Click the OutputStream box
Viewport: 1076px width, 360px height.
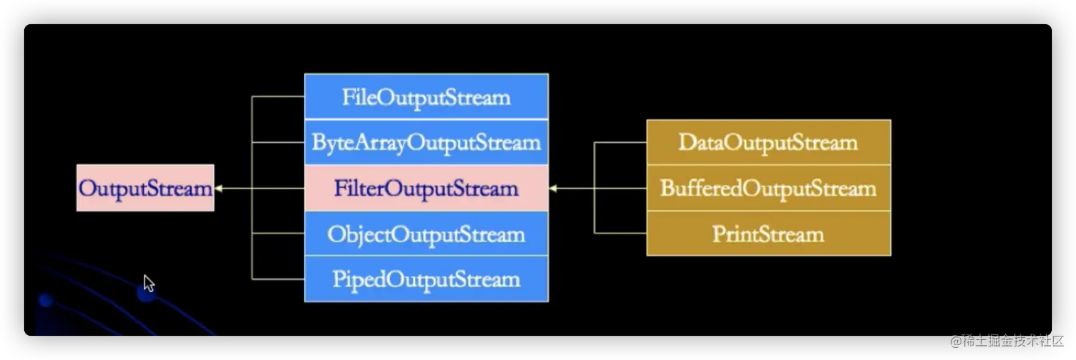pos(145,188)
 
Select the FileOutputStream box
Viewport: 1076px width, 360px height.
pos(426,97)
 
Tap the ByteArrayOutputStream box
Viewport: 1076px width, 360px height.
pos(426,142)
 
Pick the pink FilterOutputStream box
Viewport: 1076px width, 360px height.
pos(426,188)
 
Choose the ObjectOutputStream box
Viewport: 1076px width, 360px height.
pos(426,234)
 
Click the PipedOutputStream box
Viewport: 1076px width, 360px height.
pos(426,279)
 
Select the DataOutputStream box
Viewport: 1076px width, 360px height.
pos(769,142)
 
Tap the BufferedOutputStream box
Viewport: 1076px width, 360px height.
pos(769,188)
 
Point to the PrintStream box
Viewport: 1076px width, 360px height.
pos(769,233)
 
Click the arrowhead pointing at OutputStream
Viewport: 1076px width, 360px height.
pos(218,188)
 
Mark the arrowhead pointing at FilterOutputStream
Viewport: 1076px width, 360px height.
pos(553,188)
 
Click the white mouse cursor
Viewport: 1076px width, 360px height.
pos(149,283)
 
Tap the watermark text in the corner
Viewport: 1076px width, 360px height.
pos(1007,341)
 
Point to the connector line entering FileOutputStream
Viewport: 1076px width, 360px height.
pos(278,97)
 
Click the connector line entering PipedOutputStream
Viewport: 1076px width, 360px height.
pos(278,279)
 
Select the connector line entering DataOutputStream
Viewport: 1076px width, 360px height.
pos(621,142)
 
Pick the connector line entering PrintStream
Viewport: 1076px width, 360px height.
pos(621,233)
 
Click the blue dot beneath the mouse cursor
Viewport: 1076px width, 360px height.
pos(146,292)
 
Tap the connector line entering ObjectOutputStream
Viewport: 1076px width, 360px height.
pos(278,233)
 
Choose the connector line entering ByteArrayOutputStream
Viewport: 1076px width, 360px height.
pos(278,142)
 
